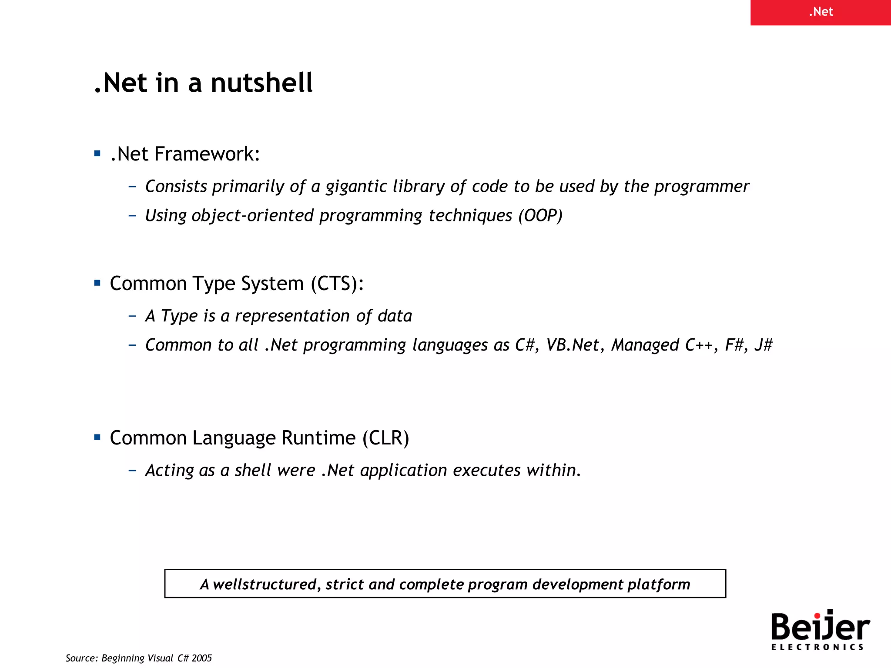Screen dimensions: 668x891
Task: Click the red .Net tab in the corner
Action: point(821,12)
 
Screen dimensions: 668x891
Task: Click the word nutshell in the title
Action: point(261,83)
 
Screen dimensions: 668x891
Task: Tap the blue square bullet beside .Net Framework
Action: point(97,154)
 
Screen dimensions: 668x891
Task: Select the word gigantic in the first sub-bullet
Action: point(356,187)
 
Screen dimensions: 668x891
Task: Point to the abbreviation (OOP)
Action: point(540,216)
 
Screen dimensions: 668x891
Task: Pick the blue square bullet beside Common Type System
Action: point(97,283)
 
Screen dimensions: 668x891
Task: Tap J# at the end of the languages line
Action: point(764,345)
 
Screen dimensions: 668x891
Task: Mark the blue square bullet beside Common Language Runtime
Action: point(97,437)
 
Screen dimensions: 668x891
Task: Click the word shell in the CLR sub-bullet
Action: point(253,471)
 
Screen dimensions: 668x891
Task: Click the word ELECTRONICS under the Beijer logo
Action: point(817,647)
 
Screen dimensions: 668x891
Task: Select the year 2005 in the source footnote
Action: point(202,658)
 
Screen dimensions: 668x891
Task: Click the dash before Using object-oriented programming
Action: point(133,215)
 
